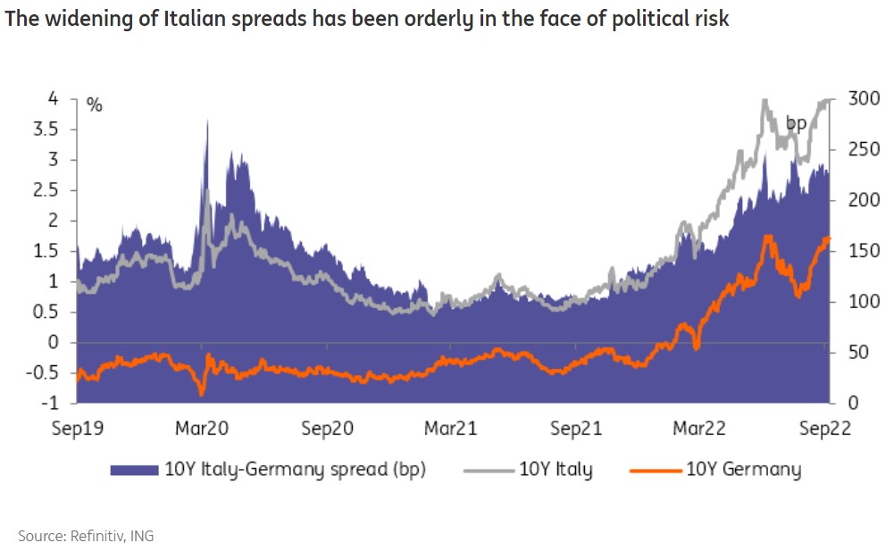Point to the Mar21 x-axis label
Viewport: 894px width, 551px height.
[x=452, y=429]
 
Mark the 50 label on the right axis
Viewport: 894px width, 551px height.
[x=856, y=353]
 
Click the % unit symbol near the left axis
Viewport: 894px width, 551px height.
[x=95, y=105]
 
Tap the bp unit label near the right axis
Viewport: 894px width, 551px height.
[x=796, y=123]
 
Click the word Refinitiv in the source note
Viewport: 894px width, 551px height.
[x=92, y=536]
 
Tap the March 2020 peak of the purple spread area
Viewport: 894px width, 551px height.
[x=207, y=121]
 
